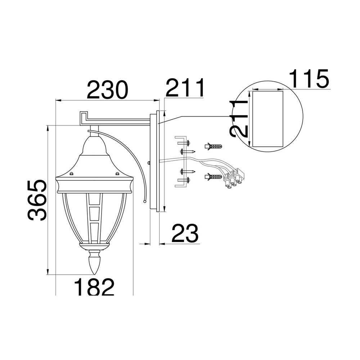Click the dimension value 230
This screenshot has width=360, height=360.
(x=107, y=90)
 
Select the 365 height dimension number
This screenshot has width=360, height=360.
(x=37, y=200)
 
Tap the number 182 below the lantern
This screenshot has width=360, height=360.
(x=94, y=287)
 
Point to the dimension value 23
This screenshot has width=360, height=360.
(x=185, y=233)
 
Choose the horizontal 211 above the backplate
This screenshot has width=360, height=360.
(x=185, y=87)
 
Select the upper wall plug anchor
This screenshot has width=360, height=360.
(x=213, y=146)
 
